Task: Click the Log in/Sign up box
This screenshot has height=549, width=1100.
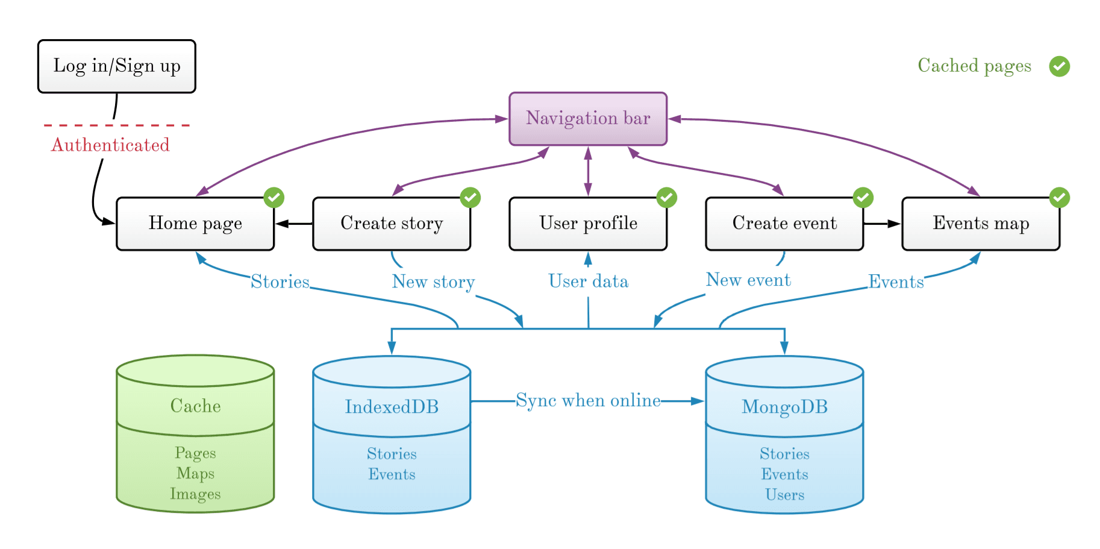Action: (116, 66)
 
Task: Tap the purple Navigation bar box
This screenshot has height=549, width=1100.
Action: (587, 119)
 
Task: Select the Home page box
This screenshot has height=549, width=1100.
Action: (195, 224)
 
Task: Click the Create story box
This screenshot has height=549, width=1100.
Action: (391, 224)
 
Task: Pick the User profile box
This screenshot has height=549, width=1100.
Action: (587, 224)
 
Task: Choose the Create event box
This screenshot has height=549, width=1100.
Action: (784, 224)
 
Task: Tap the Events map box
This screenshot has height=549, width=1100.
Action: (980, 224)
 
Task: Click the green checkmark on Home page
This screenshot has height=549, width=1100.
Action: (273, 198)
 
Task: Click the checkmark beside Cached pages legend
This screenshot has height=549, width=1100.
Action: (1059, 66)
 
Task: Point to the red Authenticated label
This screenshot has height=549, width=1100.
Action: (110, 145)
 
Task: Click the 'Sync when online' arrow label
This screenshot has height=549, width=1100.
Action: (588, 401)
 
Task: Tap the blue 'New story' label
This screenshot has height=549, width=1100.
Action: (433, 281)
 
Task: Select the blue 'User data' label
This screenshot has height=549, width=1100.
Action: (588, 281)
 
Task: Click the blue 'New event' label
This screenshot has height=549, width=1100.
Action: (748, 280)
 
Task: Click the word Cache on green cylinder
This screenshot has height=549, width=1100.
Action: (195, 406)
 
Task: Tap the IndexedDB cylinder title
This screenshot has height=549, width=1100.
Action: (392, 407)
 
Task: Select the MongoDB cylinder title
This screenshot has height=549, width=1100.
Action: (784, 407)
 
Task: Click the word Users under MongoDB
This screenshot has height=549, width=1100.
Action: (784, 495)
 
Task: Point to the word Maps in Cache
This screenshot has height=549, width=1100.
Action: (195, 473)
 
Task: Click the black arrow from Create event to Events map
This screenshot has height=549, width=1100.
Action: (882, 224)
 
